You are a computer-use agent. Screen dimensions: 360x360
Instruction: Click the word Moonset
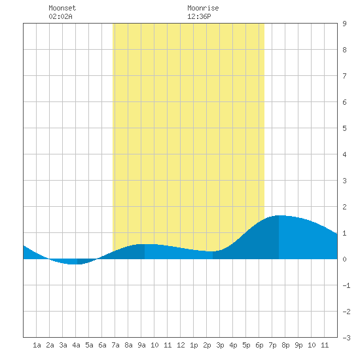62,8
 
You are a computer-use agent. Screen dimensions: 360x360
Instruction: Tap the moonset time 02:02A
61,16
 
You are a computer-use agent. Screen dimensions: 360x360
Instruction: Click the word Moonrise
203,8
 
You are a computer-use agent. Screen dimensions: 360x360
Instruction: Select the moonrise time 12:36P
199,16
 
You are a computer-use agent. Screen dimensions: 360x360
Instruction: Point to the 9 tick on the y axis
344,24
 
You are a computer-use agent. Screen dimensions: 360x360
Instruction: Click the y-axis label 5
344,128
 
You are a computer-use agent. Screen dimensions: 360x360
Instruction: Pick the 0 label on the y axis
344,259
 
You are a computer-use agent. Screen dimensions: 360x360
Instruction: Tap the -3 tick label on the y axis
346,338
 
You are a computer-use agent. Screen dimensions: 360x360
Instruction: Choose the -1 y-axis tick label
346,285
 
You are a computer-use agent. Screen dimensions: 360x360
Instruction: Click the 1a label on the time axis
37,345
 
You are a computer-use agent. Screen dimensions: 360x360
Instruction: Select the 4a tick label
76,345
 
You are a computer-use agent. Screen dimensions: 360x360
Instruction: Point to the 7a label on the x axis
115,345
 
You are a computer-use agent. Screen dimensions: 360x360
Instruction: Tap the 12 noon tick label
181,345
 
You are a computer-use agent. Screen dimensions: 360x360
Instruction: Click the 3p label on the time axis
220,345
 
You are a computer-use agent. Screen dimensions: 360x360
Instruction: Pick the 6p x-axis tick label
259,345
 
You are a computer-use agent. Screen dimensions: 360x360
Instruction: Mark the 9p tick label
298,345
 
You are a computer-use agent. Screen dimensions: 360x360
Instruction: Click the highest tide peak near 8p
279,215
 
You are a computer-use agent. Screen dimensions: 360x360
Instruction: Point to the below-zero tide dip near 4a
74,264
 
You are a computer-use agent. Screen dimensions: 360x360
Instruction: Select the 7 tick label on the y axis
344,76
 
